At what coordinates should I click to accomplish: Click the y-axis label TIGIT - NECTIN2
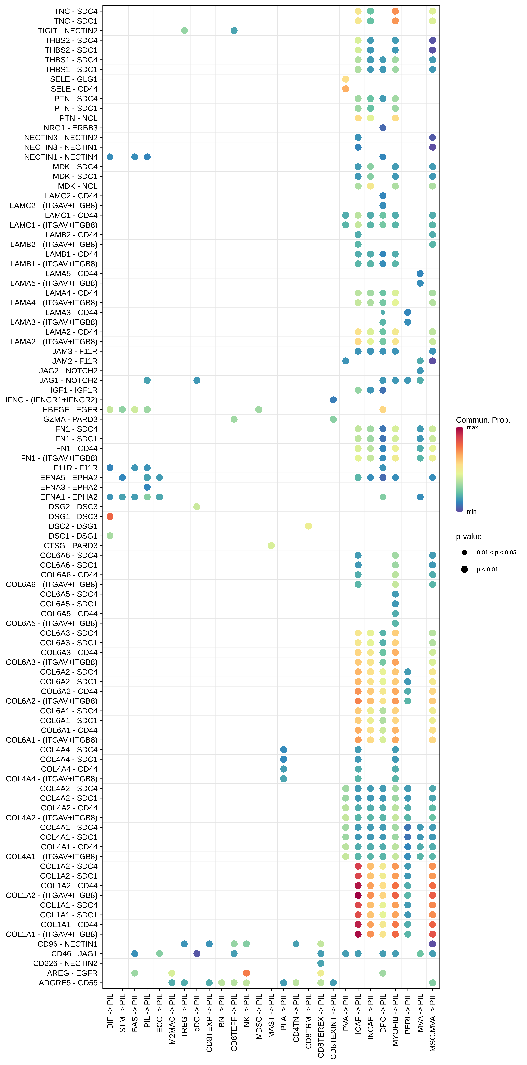pos(68,31)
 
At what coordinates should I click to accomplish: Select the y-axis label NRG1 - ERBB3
pos(71,128)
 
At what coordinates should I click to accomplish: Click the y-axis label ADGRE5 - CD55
pos(68,983)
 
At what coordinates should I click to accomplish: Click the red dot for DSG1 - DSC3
pos(110,516)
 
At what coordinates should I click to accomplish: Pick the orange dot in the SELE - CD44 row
pos(346,89)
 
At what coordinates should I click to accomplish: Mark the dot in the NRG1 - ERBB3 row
pos(383,128)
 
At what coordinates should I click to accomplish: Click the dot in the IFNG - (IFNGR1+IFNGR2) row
pos(333,400)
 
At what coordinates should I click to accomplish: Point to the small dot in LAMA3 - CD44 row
pos(383,313)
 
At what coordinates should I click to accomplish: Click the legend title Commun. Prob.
pos(483,420)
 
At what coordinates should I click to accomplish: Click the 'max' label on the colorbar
pos(472,427)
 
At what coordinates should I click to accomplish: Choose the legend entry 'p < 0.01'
pos(487,569)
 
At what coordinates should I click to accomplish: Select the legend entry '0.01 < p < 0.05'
pos(496,552)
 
